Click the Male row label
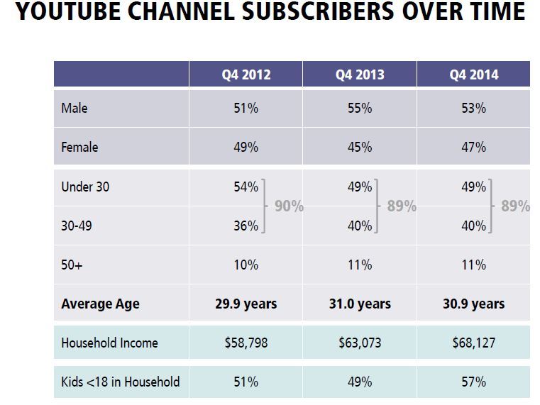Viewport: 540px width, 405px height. [x=75, y=109]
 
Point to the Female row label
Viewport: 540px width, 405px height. [x=79, y=148]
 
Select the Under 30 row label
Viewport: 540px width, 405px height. [x=85, y=187]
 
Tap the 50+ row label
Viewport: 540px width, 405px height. [x=72, y=265]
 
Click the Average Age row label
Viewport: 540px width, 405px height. [x=100, y=304]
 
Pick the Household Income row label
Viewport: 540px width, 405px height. [x=109, y=343]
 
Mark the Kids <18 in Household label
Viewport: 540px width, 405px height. [x=120, y=382]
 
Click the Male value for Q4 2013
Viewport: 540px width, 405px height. [x=359, y=109]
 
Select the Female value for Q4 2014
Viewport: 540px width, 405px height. [x=473, y=148]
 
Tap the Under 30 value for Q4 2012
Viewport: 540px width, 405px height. [x=246, y=187]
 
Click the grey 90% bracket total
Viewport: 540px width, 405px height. [x=289, y=206]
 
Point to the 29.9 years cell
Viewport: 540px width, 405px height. [x=246, y=304]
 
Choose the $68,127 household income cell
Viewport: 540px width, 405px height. [x=473, y=343]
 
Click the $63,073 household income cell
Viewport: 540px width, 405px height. [x=359, y=343]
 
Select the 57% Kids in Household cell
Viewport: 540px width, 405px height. [x=473, y=382]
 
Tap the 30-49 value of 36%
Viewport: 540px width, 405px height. [x=246, y=226]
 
